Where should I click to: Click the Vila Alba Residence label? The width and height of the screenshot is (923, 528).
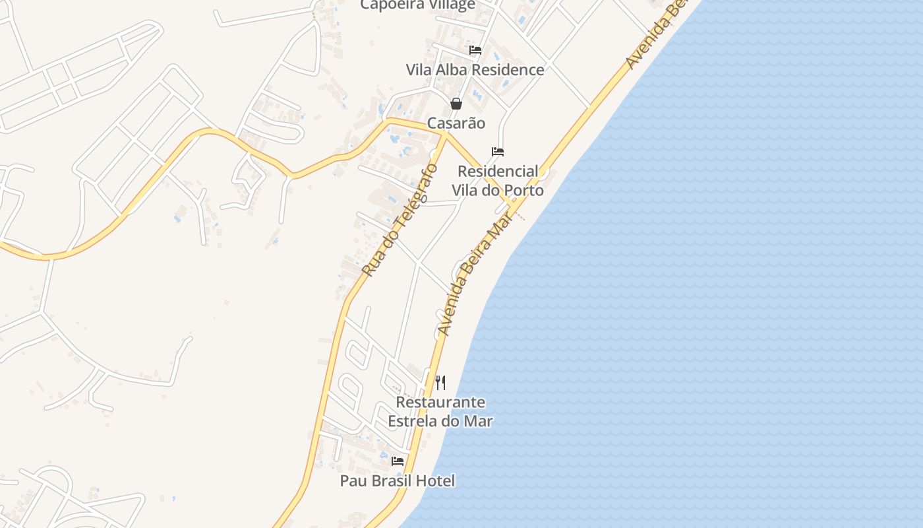[475, 70]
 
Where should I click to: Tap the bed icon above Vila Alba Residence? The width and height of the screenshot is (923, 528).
[475, 50]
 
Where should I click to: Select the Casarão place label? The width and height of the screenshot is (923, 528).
[456, 123]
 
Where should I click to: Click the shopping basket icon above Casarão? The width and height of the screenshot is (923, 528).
[456, 103]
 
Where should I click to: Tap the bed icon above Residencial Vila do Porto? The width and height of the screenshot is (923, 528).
[498, 152]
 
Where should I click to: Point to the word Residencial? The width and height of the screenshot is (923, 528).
[498, 172]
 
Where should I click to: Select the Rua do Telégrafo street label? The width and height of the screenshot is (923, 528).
[400, 220]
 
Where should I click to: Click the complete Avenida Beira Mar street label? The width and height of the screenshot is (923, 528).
[475, 273]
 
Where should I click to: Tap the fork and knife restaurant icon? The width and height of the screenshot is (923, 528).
[440, 382]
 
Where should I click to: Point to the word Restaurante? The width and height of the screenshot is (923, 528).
[440, 403]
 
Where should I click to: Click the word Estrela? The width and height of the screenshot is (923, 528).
[414, 421]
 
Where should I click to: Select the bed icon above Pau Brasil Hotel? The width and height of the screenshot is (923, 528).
[398, 461]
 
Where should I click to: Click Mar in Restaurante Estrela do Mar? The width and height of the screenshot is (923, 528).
[479, 421]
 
